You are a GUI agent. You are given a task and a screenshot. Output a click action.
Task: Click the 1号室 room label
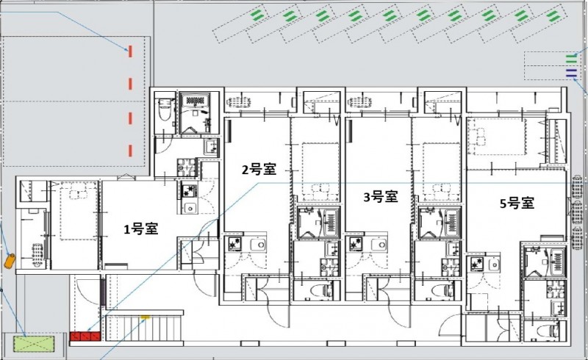[x=141, y=228]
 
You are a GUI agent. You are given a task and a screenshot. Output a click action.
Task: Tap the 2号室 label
[x=259, y=170]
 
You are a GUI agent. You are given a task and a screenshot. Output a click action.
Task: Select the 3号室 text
[x=381, y=196]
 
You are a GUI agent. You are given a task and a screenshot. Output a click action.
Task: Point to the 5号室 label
[x=517, y=204]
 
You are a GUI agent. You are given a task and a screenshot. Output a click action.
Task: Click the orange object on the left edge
[x=10, y=261]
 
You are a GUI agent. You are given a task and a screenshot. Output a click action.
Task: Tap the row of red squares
[x=85, y=336]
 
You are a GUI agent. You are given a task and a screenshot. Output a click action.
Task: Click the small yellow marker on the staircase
[x=145, y=318]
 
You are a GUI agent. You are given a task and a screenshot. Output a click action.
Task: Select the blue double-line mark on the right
[x=571, y=73]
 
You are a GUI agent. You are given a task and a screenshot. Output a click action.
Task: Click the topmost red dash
[x=130, y=51]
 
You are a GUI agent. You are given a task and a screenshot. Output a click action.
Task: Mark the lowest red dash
[x=130, y=151]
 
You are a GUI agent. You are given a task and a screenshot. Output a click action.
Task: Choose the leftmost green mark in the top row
[x=258, y=15]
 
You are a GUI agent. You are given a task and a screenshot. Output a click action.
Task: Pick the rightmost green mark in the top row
[x=553, y=15]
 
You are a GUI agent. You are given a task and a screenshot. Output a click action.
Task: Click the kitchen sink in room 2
[x=259, y=245]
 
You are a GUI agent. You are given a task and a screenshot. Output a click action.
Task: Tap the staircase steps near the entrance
[x=143, y=328]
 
